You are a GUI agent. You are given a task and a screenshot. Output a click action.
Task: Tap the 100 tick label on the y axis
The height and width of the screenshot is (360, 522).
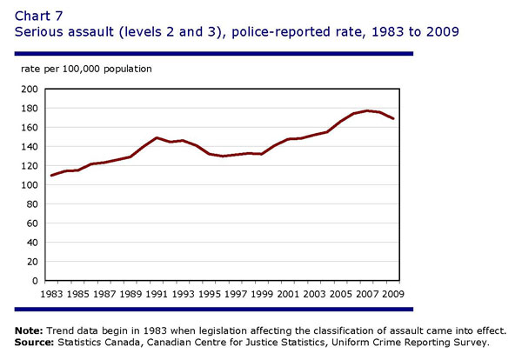[28, 185]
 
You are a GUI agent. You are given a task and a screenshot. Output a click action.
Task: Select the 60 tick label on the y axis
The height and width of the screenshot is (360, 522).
[30, 223]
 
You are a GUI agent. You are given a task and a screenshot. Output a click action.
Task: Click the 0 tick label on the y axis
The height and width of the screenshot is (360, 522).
[34, 281]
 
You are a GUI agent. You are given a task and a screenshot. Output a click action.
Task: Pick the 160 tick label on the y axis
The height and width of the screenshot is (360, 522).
[28, 128]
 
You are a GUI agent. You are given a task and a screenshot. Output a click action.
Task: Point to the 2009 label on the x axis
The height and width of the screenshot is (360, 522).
[394, 294]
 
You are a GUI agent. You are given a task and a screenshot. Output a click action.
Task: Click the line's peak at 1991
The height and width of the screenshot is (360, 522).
[157, 138]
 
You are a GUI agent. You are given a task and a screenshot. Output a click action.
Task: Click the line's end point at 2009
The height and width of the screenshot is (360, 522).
[394, 119]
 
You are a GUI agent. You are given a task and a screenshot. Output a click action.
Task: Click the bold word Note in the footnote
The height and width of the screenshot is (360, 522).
[31, 330]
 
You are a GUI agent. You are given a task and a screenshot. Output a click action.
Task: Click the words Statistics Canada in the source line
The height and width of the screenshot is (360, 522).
[104, 341]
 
